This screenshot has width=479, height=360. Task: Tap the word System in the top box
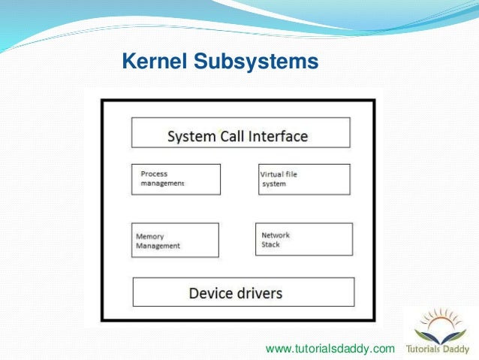click(x=190, y=137)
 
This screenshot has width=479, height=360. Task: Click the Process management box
click(x=176, y=179)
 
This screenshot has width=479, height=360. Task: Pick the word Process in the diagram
click(x=154, y=174)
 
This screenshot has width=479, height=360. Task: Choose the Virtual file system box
click(x=304, y=179)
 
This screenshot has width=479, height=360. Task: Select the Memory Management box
click(x=176, y=240)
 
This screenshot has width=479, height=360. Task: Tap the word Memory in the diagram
click(x=150, y=236)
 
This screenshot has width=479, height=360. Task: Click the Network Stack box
click(x=303, y=240)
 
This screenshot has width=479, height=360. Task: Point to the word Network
click(x=275, y=235)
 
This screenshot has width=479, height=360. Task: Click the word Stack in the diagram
click(x=270, y=245)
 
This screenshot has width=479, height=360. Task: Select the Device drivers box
click(x=243, y=292)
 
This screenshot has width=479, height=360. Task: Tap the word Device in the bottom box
click(x=211, y=292)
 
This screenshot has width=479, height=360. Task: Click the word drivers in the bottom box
click(x=259, y=292)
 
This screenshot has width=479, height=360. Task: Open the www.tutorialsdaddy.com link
click(x=330, y=349)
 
